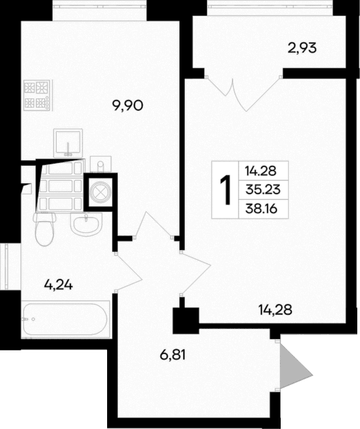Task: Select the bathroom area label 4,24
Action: click(58, 285)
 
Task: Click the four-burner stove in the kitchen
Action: click(38, 95)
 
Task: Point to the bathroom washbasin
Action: click(85, 224)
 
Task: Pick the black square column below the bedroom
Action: click(184, 320)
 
